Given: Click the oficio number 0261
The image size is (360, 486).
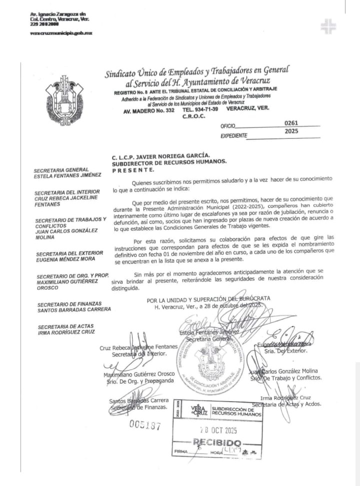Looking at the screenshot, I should point(291,123).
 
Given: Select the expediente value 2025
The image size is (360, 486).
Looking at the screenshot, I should point(291,132).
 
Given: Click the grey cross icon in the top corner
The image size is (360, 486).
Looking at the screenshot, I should point(328,26).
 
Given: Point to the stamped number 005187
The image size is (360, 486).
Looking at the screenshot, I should point(145,425).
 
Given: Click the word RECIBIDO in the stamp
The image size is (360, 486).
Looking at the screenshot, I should point(217,443).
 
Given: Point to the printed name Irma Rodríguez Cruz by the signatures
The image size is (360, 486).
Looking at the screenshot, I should point(289,398).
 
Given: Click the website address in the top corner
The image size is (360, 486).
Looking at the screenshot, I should point(61,33).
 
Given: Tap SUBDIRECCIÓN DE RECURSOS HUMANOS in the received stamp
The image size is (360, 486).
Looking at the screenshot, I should point(236,411).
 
